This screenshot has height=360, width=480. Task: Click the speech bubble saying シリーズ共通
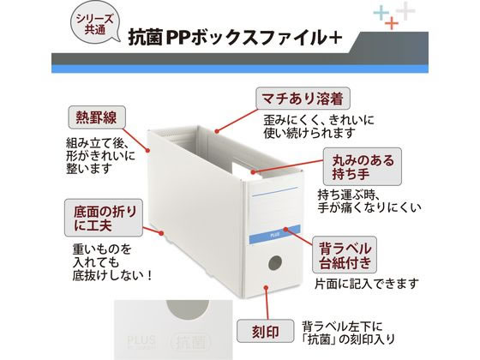click(x=95, y=24)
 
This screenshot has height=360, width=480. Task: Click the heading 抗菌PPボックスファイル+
click(x=235, y=38)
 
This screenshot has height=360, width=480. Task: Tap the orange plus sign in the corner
click(x=392, y=23)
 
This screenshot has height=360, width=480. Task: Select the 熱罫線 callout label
click(x=96, y=117)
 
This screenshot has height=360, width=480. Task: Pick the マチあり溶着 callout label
click(x=303, y=99)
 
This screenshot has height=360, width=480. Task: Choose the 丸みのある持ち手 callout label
click(x=363, y=166)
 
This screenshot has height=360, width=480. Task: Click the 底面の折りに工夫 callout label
click(x=104, y=218)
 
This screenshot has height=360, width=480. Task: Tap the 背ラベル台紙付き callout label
click(x=345, y=255)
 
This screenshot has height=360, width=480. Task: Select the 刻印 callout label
click(x=265, y=331)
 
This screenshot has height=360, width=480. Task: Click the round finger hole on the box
click(x=275, y=263)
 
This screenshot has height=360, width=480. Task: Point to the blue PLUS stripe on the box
click(x=274, y=235)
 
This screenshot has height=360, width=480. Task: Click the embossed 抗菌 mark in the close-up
click(x=189, y=342)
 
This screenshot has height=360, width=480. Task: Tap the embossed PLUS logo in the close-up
click(x=141, y=341)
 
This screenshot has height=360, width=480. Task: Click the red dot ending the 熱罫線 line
click(x=147, y=150)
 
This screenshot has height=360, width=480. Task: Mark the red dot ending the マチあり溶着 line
click(x=217, y=132)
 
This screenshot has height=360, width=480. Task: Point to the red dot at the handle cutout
click(x=253, y=172)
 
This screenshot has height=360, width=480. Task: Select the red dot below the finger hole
click(x=266, y=288)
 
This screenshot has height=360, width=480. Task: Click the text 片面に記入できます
click(x=367, y=284)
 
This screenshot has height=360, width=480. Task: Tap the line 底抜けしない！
click(x=112, y=275)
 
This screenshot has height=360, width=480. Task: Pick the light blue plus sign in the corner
click(x=381, y=13)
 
